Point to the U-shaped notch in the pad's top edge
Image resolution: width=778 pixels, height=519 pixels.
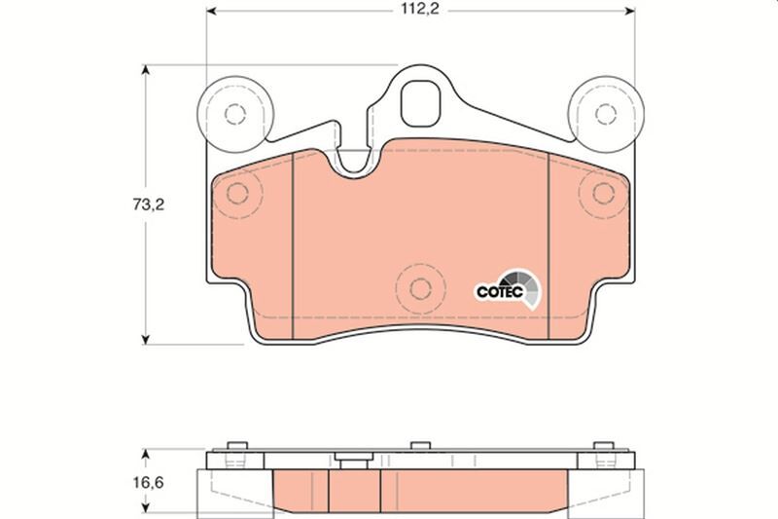coord(354,162)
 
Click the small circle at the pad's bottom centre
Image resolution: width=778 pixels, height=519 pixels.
coord(420,288)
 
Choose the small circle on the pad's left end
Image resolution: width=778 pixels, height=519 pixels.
coord(237,193)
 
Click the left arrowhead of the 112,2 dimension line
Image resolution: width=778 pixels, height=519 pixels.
coord(210,14)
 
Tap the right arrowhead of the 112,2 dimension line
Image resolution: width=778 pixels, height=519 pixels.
coord(628,14)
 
